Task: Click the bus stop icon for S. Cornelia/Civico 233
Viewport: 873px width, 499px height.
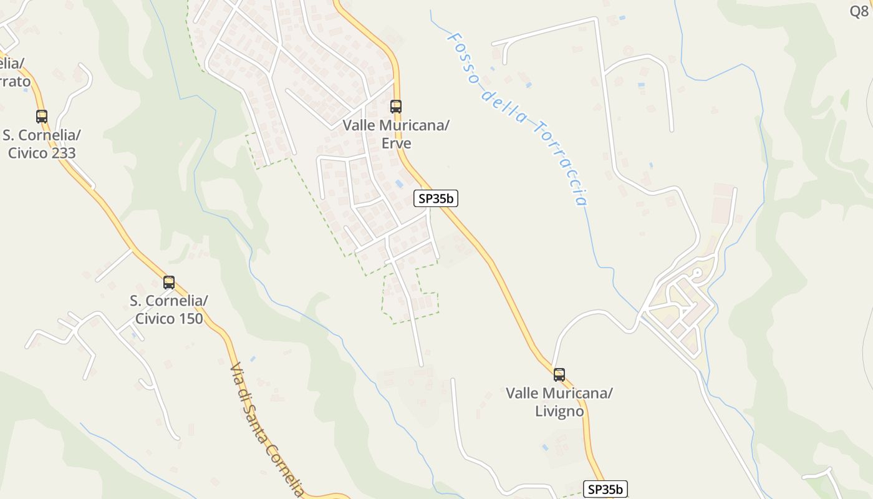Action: pyautogui.click(x=42, y=116)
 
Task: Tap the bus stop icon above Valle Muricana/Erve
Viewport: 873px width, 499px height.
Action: pyautogui.click(x=395, y=106)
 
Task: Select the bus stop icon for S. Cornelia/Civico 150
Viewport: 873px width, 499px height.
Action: pyautogui.click(x=168, y=282)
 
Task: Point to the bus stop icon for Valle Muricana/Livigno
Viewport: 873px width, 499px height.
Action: pyautogui.click(x=559, y=374)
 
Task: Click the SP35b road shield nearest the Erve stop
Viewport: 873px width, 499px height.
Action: pyautogui.click(x=436, y=199)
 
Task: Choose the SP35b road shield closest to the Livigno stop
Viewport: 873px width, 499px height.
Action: pyautogui.click(x=605, y=489)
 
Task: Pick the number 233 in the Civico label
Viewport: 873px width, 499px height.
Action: pyautogui.click(x=62, y=153)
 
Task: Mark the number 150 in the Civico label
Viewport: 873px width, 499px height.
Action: pyautogui.click(x=189, y=319)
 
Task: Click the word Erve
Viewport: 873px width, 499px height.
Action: pyautogui.click(x=396, y=143)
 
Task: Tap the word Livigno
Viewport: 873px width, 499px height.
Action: pyautogui.click(x=559, y=412)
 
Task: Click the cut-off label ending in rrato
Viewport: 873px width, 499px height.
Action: pyautogui.click(x=14, y=81)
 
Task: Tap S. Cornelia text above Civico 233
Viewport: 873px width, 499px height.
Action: pyautogui.click(x=42, y=135)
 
